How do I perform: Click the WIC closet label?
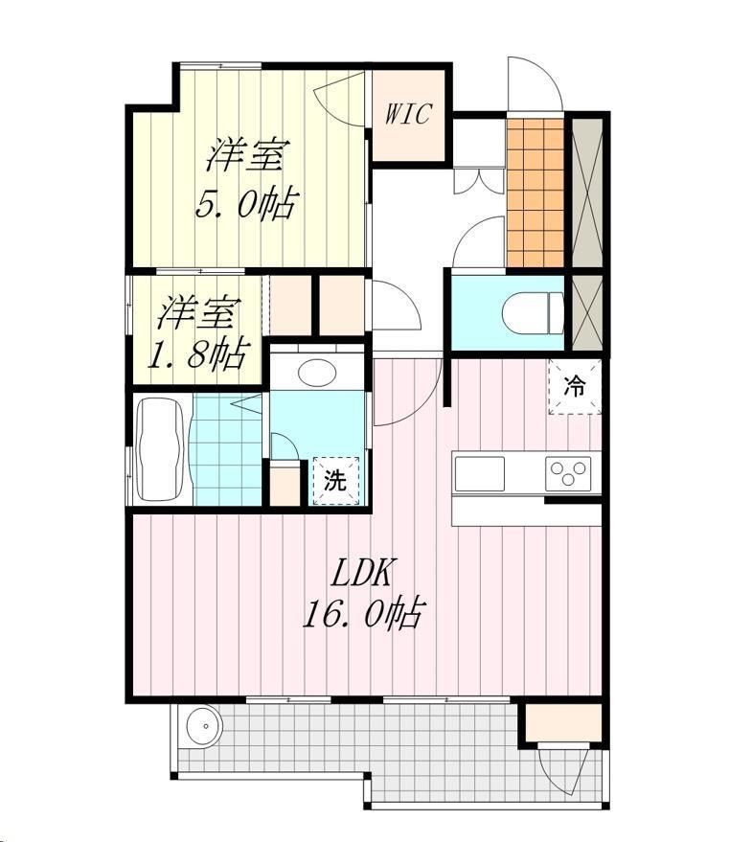click(408, 114)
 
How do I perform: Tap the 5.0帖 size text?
click(245, 205)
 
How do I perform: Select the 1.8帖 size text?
click(196, 354)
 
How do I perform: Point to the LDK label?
click(361, 573)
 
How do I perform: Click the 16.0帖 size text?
click(361, 613)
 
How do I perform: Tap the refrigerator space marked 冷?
click(574, 387)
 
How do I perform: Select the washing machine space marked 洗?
click(336, 481)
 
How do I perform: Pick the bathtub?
click(161, 449)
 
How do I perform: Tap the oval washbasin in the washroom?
click(317, 373)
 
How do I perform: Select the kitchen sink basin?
click(480, 473)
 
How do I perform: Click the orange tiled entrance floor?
click(535, 193)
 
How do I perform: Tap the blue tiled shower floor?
click(228, 449)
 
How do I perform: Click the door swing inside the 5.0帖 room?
click(339, 101)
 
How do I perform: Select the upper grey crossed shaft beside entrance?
click(587, 193)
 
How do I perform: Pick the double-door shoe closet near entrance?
click(479, 181)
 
